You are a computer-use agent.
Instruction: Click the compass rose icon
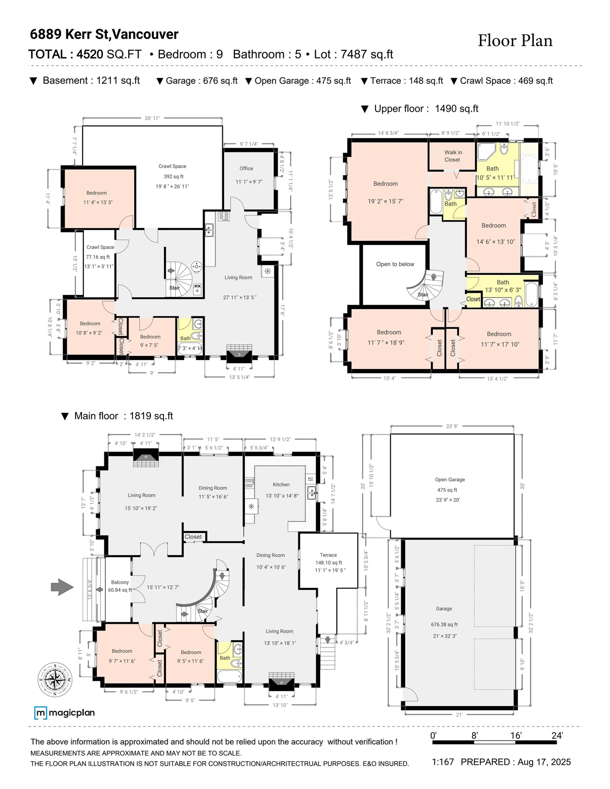click(x=55, y=679)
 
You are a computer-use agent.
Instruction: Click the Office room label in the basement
click(x=246, y=168)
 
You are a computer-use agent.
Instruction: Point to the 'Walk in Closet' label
click(x=452, y=156)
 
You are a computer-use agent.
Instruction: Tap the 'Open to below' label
click(x=395, y=264)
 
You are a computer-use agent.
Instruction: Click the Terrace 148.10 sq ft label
click(x=328, y=563)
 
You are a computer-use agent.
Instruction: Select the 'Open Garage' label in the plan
click(x=450, y=479)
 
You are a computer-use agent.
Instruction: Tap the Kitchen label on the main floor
click(x=281, y=485)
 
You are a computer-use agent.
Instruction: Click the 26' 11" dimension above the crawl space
click(x=152, y=118)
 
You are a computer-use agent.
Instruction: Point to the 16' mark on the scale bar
click(x=515, y=736)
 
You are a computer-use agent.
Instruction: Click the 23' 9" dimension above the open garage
click(x=452, y=426)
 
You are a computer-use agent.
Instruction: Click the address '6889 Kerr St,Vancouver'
click(x=104, y=34)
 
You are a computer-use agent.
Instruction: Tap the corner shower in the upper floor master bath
click(x=486, y=152)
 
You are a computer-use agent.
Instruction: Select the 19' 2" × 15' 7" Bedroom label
click(x=385, y=192)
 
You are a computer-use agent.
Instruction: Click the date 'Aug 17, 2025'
click(x=544, y=762)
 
